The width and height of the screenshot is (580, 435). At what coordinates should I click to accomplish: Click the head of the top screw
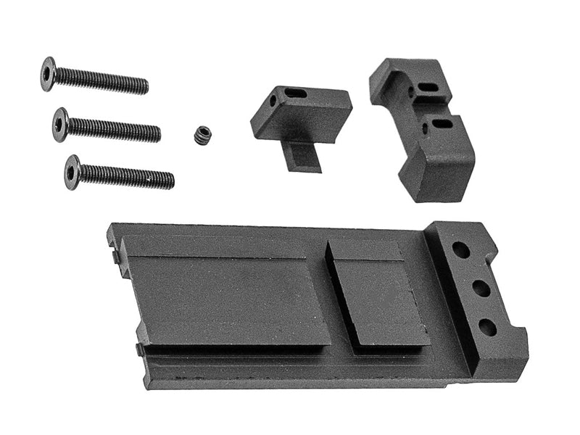coord(49,73)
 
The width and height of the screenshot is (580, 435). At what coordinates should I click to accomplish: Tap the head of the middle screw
coord(61,124)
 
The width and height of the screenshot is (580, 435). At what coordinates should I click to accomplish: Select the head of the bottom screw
coord(72,171)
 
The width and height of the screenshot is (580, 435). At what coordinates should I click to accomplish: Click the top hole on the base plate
coord(460,250)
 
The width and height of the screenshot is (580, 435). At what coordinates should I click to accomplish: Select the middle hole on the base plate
coord(480,288)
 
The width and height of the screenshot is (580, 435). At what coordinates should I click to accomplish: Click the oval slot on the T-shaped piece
coord(296,93)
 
